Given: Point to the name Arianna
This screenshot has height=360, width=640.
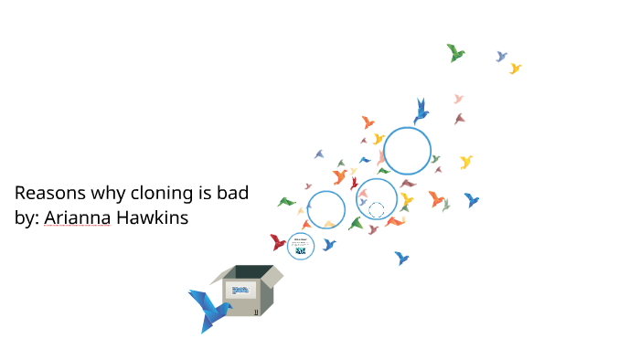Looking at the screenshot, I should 76,219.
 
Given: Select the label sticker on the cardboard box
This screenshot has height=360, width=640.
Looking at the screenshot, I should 240,291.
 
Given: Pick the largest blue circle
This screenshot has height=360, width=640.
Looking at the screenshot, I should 407,151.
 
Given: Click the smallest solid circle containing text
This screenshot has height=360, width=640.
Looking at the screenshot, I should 301,246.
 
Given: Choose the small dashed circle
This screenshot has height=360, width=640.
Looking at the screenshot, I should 377,210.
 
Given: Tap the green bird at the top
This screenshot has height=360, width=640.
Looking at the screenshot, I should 455,53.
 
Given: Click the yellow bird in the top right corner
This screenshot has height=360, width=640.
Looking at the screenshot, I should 516,69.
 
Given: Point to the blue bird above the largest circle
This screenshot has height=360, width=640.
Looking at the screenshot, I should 421,111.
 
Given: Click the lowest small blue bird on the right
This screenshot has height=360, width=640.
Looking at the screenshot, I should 401,258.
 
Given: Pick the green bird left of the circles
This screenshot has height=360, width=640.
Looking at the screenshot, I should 286,202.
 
